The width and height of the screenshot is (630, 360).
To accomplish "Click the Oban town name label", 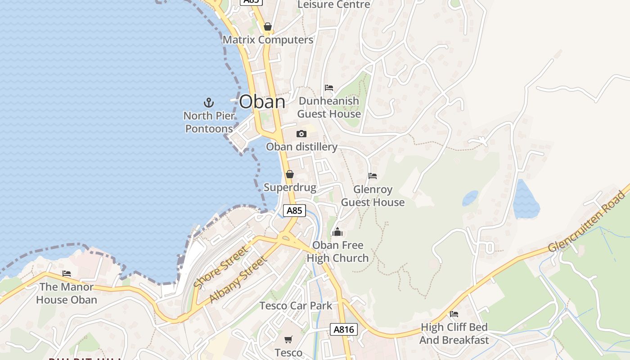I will (262, 102).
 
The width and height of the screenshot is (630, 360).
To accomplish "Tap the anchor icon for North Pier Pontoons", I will (208, 103).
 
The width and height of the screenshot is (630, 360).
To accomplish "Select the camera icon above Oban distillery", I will (301, 134).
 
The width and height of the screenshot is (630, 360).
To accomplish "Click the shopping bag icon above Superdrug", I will (290, 174).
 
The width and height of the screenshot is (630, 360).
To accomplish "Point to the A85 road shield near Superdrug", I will (294, 211).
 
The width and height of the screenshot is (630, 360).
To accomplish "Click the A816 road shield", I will (344, 329).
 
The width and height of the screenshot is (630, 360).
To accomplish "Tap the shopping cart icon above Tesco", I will (288, 339).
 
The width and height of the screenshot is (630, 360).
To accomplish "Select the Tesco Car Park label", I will (296, 306).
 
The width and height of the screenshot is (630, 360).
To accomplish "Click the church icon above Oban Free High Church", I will (337, 232).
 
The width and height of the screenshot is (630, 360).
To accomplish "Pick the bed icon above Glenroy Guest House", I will (373, 175).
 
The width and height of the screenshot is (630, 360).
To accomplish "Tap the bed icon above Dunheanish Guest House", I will (329, 87).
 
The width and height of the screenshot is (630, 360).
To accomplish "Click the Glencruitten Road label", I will (588, 221).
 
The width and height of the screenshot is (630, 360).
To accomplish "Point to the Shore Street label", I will (220, 267).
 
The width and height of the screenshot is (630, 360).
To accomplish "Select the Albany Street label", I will (238, 279).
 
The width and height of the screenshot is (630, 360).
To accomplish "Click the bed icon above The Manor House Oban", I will (67, 273).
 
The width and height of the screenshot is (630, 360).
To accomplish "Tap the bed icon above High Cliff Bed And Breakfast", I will (454, 314).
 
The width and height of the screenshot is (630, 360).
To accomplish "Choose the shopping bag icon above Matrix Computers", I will (268, 27).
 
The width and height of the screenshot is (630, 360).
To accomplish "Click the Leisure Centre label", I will (334, 4).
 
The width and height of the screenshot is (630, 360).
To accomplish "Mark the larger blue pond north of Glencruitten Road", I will (526, 200).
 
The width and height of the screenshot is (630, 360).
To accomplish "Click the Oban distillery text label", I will (301, 147).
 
